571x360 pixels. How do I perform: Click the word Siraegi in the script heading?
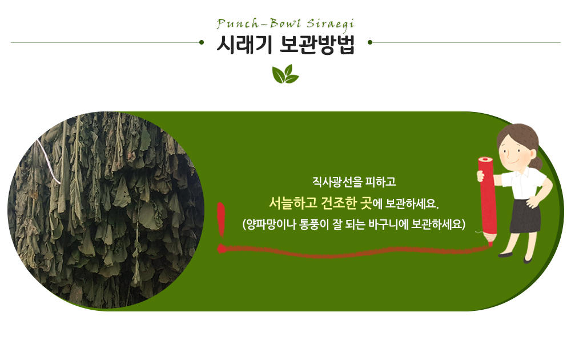coord(330,24)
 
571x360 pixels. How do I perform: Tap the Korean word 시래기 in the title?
coord(244,45)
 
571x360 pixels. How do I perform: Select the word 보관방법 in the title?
coord(317,45)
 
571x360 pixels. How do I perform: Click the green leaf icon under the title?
coord(285,74)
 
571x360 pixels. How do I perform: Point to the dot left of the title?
coord(202,42)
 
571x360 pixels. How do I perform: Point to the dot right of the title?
coord(370,42)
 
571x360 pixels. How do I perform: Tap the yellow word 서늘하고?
coord(293,203)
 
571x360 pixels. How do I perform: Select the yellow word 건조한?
coord(339,203)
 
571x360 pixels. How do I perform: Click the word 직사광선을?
coord(337,182)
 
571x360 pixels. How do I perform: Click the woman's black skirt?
coord(525,215)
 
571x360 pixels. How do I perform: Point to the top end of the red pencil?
coord(485,159)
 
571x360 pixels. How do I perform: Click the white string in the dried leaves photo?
coord(49,161)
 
